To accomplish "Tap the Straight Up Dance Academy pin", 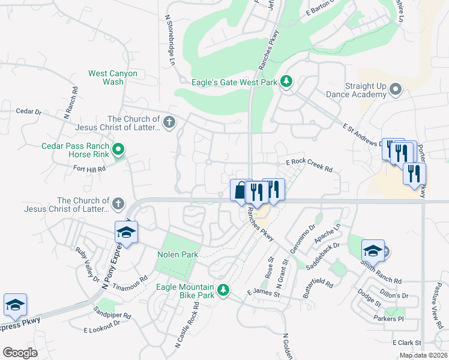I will (x=396, y=90).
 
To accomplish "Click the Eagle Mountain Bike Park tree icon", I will (x=223, y=290).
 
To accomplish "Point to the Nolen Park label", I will (x=178, y=255).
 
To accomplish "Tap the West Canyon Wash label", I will (x=113, y=77).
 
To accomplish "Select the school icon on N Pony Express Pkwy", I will (x=127, y=232).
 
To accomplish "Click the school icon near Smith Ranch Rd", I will (x=373, y=250).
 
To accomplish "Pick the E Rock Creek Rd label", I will (x=309, y=162).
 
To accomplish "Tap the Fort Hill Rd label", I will (x=89, y=169).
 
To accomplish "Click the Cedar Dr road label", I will (x=29, y=112).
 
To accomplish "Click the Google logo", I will (x=20, y=353).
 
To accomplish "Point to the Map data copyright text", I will (x=423, y=355).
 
